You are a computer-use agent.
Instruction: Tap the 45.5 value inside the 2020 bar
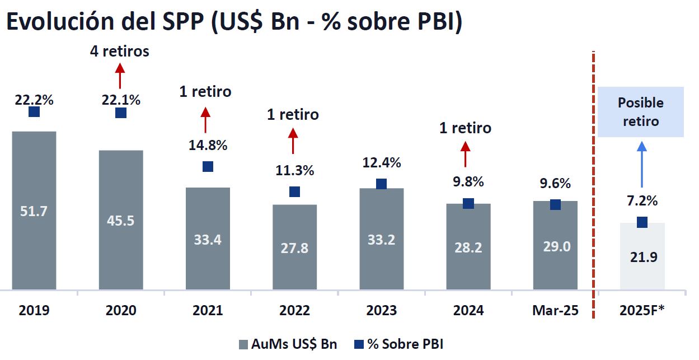coord(121,221)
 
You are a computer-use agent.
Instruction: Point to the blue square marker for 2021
coord(208,166)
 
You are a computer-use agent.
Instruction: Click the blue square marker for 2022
coord(294,192)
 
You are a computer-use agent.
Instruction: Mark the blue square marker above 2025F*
coord(641,222)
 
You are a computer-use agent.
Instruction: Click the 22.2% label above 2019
coord(34,100)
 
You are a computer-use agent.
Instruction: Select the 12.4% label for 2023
coord(381,163)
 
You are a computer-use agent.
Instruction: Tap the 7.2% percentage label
coord(641,200)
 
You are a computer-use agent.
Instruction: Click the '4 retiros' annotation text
coord(120,52)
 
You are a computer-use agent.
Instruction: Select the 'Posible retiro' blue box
coord(641,112)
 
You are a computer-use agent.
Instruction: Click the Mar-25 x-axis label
coord(555,310)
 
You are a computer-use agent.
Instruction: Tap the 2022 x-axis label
coord(294,310)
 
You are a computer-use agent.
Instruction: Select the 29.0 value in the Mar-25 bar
coord(555,246)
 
